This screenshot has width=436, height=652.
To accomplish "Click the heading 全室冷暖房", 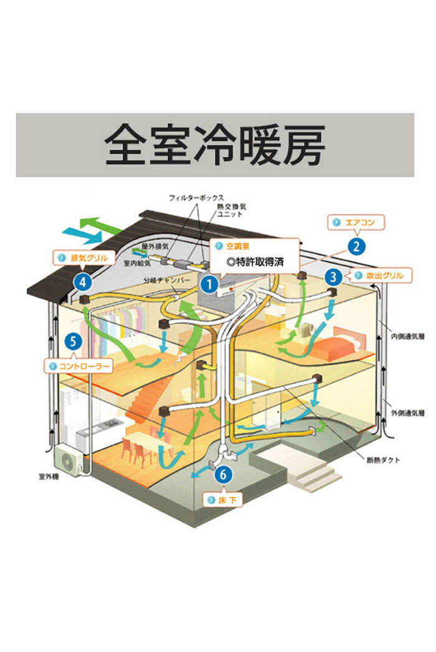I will (215, 146).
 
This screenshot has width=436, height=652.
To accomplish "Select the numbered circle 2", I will (356, 246).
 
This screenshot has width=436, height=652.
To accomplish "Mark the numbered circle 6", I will (224, 475).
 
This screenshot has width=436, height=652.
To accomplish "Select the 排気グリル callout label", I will (84, 256).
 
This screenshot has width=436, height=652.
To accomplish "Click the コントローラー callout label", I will (79, 366).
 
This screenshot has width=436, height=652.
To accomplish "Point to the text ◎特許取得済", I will (255, 262).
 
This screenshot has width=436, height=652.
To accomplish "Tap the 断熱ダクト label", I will (383, 461).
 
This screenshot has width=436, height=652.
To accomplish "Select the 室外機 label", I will (47, 478).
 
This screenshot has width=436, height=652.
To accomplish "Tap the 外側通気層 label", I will (406, 411).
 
